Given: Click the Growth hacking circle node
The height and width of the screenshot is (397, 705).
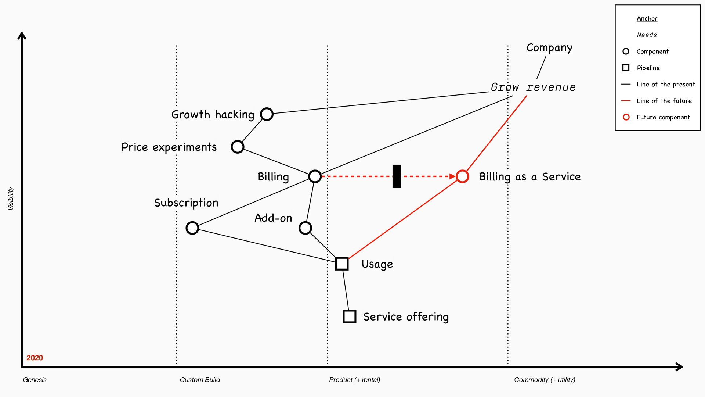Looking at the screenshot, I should tap(267, 114).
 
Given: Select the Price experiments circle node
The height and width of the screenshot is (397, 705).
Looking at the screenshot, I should tap(238, 147).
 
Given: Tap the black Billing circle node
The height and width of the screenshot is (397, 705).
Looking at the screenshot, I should tap(315, 176).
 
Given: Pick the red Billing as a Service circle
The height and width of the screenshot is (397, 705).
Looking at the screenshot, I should tap(462, 176).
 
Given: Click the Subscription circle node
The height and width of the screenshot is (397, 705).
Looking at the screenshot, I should tap(192, 228).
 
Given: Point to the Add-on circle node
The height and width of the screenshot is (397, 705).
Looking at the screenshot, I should tap(305, 228).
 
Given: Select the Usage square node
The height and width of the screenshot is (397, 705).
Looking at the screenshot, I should tap(342, 264).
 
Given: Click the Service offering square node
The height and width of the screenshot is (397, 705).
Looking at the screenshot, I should tap(349, 316).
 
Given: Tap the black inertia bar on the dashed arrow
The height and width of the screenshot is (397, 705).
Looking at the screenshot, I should tap(397, 176).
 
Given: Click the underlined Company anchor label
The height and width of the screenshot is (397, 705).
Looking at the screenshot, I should tap(549, 48).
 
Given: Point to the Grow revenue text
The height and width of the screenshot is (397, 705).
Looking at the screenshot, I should tap(533, 87).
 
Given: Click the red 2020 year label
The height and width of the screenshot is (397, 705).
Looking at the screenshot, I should tap(35, 358).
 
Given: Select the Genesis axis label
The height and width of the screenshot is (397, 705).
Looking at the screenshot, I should tap(35, 380).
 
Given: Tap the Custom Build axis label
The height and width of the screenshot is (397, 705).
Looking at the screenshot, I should tap(200, 380).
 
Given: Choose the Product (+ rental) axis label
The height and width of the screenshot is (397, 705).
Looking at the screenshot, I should tap(354, 380).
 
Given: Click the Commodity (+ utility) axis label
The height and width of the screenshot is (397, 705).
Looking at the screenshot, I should tap(545, 380).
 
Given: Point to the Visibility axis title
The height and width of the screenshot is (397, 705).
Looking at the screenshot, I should tap(11, 198).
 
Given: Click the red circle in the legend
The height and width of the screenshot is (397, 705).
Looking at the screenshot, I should tap(626, 117).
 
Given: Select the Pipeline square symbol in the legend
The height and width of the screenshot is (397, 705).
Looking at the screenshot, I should tap(626, 68).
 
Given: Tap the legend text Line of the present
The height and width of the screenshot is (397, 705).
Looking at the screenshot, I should tap(666, 84).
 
